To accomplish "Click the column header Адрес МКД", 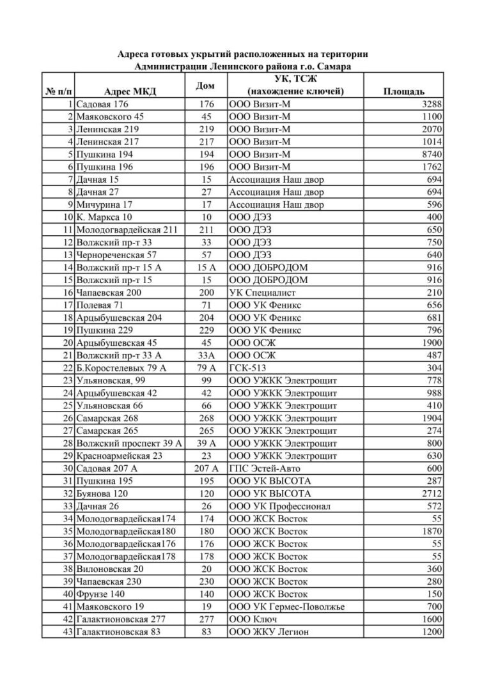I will pyautogui.click(x=129, y=92).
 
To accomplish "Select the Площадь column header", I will pyautogui.click(x=403, y=92).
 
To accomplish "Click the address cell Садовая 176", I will pyautogui.click(x=102, y=104).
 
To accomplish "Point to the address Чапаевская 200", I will pyautogui.click(x=108, y=293).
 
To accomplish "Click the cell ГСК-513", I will pyautogui.click(x=251, y=368).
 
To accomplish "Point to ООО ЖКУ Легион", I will pyautogui.click(x=269, y=632).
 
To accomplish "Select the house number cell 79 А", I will pyautogui.click(x=206, y=368).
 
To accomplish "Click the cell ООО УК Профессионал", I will pyautogui.click(x=279, y=506).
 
